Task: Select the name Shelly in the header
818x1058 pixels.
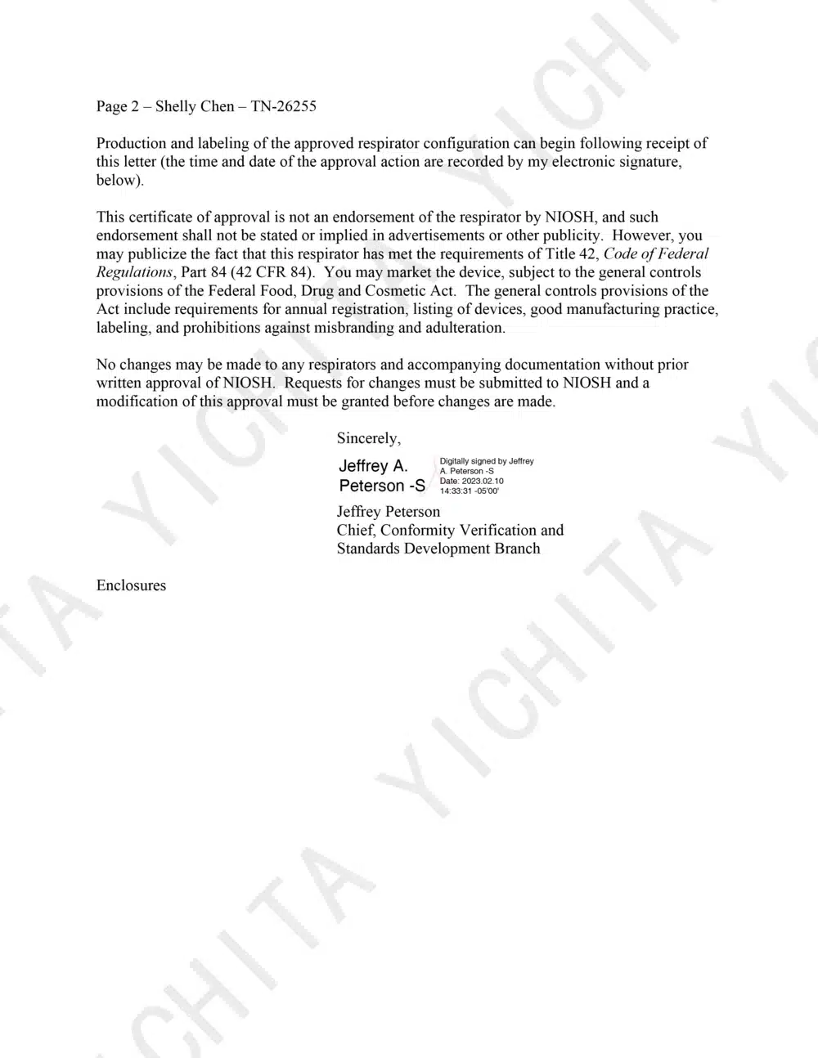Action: (x=175, y=106)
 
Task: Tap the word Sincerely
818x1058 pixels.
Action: (x=368, y=439)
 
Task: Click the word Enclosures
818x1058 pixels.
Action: (x=131, y=585)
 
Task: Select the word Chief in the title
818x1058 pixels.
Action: (x=355, y=531)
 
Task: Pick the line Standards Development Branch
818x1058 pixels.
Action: (x=438, y=549)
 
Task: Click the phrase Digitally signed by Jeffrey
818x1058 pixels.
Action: (x=487, y=461)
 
